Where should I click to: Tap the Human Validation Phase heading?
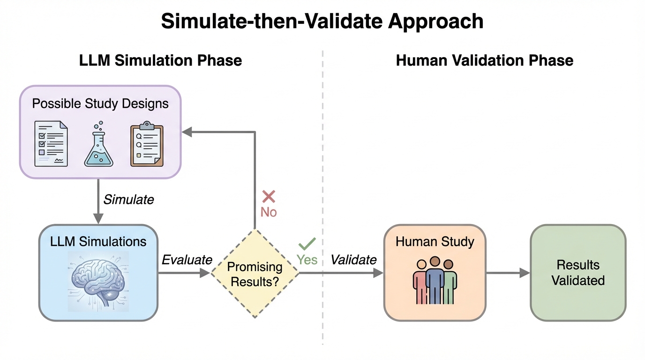coord(484,60)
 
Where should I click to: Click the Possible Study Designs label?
coord(100,103)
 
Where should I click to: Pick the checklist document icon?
coord(51,143)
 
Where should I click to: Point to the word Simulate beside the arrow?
coord(128,200)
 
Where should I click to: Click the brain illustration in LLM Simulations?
coord(98,281)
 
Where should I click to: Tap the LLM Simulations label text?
coord(98,241)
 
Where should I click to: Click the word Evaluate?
coord(187,260)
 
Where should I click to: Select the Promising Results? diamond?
coord(255,274)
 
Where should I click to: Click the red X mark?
coord(269,196)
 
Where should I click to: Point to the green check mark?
coord(307,243)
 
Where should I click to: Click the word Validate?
coord(353,260)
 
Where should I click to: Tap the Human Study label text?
coord(435,242)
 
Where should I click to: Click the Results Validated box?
coord(577,273)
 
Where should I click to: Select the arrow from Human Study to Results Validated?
coord(508,273)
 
